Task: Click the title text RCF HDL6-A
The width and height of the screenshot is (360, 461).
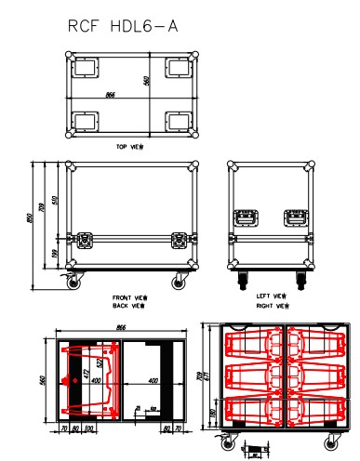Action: tap(122, 29)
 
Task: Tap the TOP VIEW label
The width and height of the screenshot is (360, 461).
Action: tap(129, 147)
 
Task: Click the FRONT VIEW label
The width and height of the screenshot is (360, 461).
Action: tap(127, 296)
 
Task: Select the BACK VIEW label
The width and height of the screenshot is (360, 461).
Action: tap(127, 304)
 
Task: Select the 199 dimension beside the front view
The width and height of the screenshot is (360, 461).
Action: tap(55, 255)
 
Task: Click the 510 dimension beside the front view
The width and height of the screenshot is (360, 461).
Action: tap(55, 201)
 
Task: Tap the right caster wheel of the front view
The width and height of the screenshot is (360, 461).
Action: tap(178, 281)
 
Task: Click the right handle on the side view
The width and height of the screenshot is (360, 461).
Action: tap(294, 217)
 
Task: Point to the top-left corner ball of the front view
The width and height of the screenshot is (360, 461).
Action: tap(68, 166)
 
